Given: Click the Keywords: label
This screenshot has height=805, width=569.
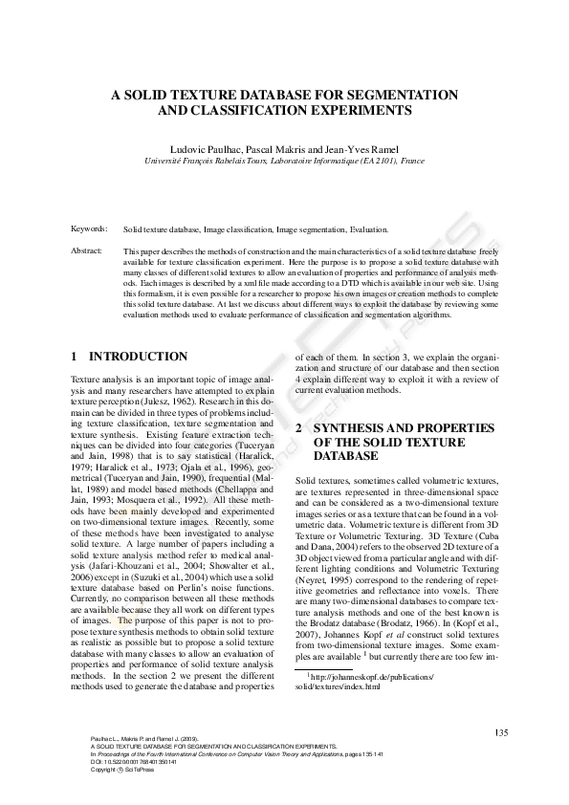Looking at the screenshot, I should pos(90,229).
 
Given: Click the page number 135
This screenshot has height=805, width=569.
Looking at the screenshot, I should pos(501,732).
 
